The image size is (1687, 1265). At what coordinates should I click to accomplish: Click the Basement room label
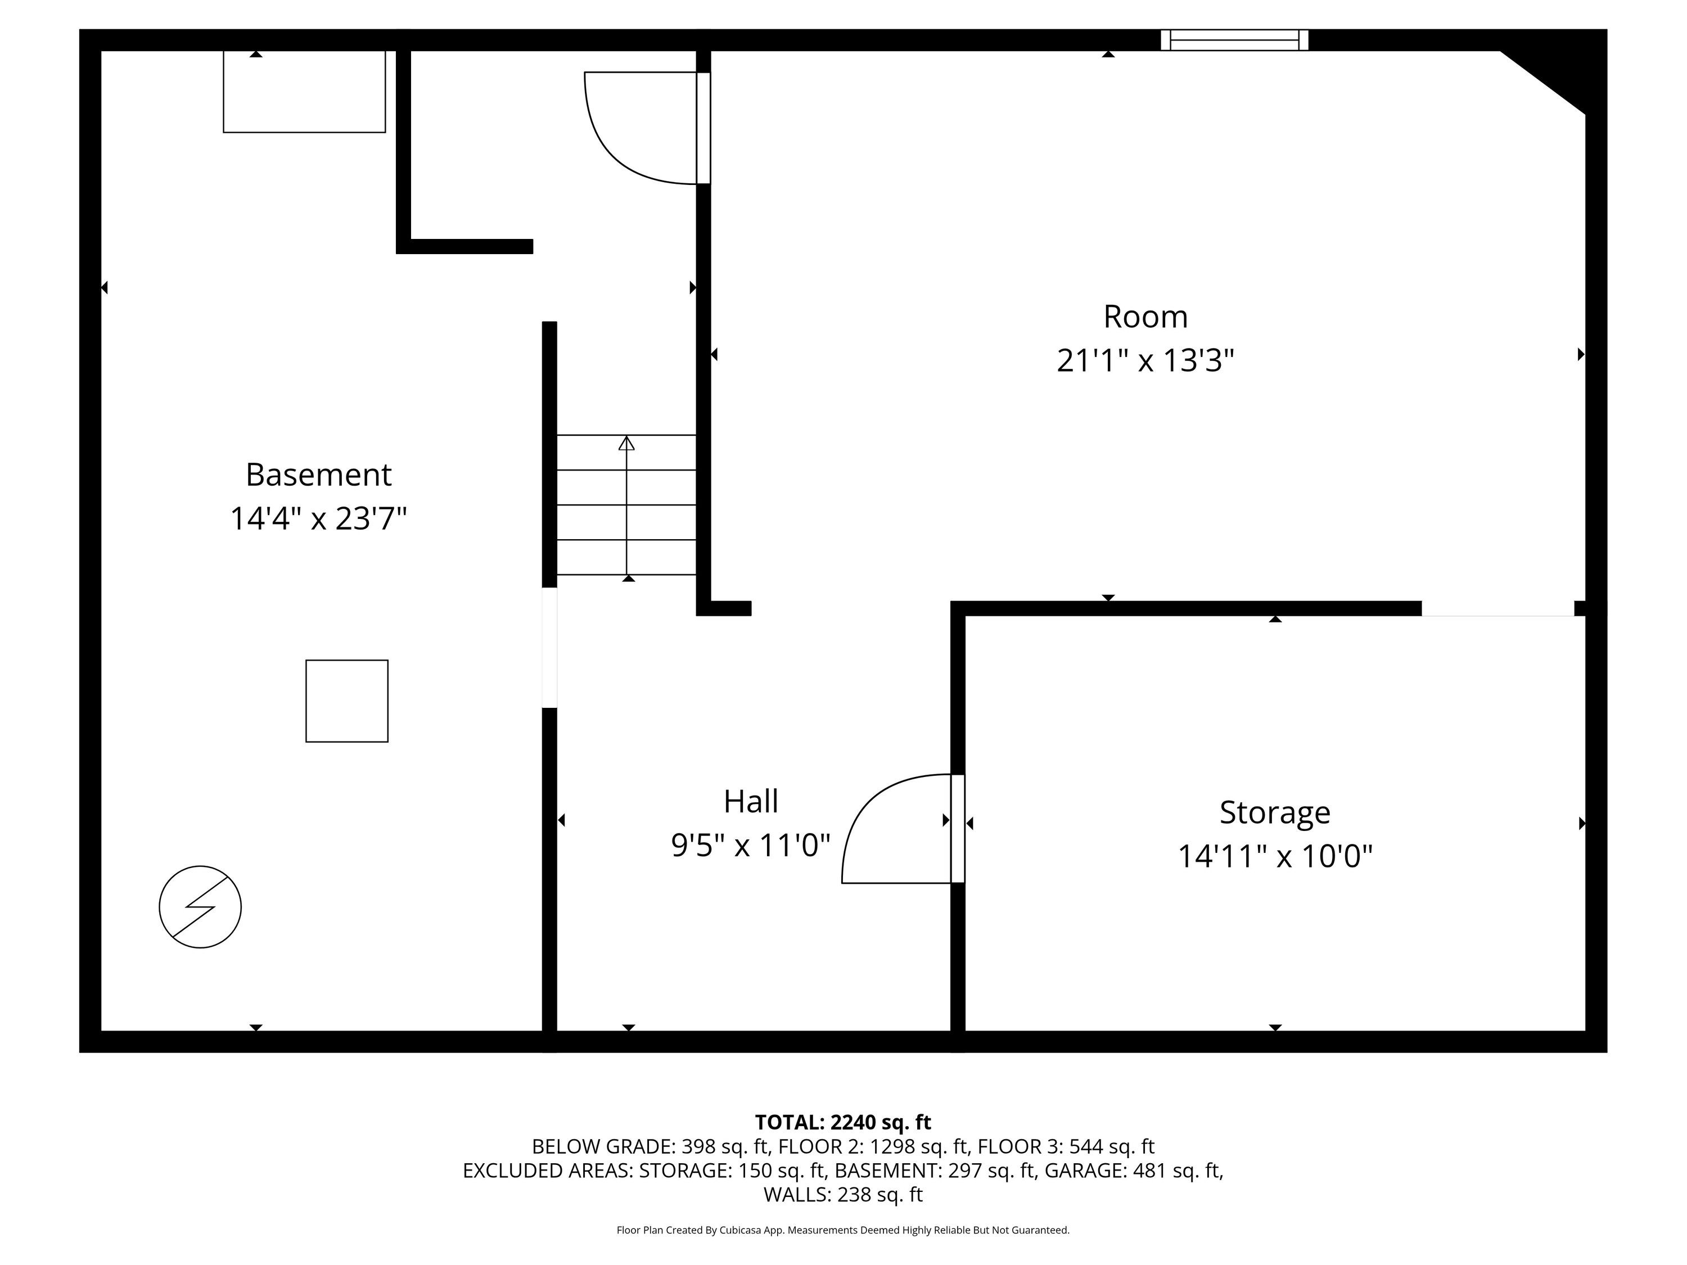[318, 475]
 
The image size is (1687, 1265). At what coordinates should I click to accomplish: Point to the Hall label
[751, 801]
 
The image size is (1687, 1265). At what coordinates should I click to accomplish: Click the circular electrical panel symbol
[200, 907]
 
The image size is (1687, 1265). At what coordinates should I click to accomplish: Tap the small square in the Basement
[347, 701]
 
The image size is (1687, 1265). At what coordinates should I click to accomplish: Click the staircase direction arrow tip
[626, 437]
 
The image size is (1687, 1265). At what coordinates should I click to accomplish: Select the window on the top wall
[1234, 40]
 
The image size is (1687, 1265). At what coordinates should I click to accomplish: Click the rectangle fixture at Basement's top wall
[304, 92]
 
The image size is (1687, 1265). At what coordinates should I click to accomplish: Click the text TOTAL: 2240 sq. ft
[843, 1122]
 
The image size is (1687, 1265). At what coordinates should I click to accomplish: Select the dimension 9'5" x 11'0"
[751, 845]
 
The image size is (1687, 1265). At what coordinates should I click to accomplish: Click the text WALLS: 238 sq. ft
[843, 1195]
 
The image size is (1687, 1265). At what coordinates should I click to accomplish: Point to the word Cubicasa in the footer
[739, 1230]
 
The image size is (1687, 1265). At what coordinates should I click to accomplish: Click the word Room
[1145, 317]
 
